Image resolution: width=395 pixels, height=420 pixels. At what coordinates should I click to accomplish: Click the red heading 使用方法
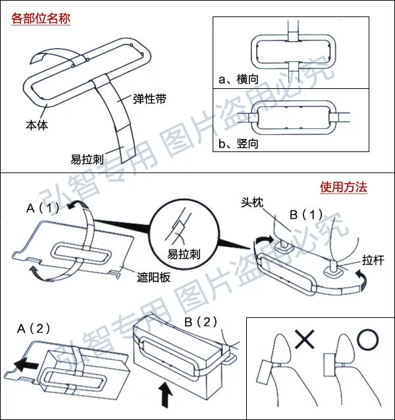343,188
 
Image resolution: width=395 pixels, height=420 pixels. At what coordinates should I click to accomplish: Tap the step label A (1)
43,208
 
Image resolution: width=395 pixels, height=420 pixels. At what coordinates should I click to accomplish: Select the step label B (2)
201,322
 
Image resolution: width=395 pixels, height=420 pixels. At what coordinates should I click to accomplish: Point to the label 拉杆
373,259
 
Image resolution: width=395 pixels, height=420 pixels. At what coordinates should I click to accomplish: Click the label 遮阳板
155,277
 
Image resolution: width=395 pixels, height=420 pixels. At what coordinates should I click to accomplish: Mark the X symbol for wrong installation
304,340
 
